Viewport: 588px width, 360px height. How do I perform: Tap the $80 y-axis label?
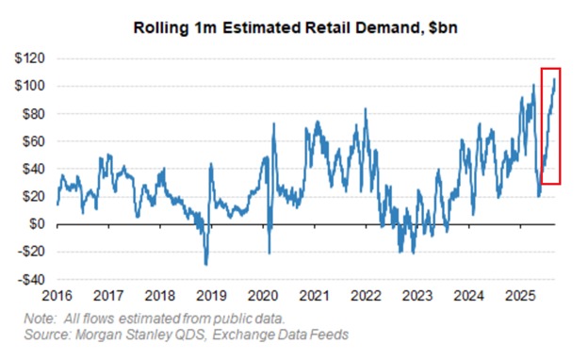tap(34, 114)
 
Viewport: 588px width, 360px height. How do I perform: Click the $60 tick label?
tap(34, 141)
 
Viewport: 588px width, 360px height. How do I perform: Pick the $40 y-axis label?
tap(34, 169)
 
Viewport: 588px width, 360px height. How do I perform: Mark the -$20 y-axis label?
tap(32, 252)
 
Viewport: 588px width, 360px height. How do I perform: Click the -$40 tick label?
tap(32, 280)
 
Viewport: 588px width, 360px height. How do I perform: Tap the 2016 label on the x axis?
tap(58, 296)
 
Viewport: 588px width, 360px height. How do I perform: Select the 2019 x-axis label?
tap(212, 296)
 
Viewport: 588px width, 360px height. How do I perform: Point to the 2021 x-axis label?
tap(314, 296)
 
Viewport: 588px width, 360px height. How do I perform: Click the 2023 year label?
tap(416, 296)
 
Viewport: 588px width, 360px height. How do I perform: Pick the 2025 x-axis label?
tap(518, 296)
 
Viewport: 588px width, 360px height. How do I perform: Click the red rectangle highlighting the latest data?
tap(551, 126)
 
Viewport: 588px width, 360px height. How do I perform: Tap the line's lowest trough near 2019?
tap(205, 264)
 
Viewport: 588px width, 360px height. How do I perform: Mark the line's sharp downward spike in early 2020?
tap(269, 253)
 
